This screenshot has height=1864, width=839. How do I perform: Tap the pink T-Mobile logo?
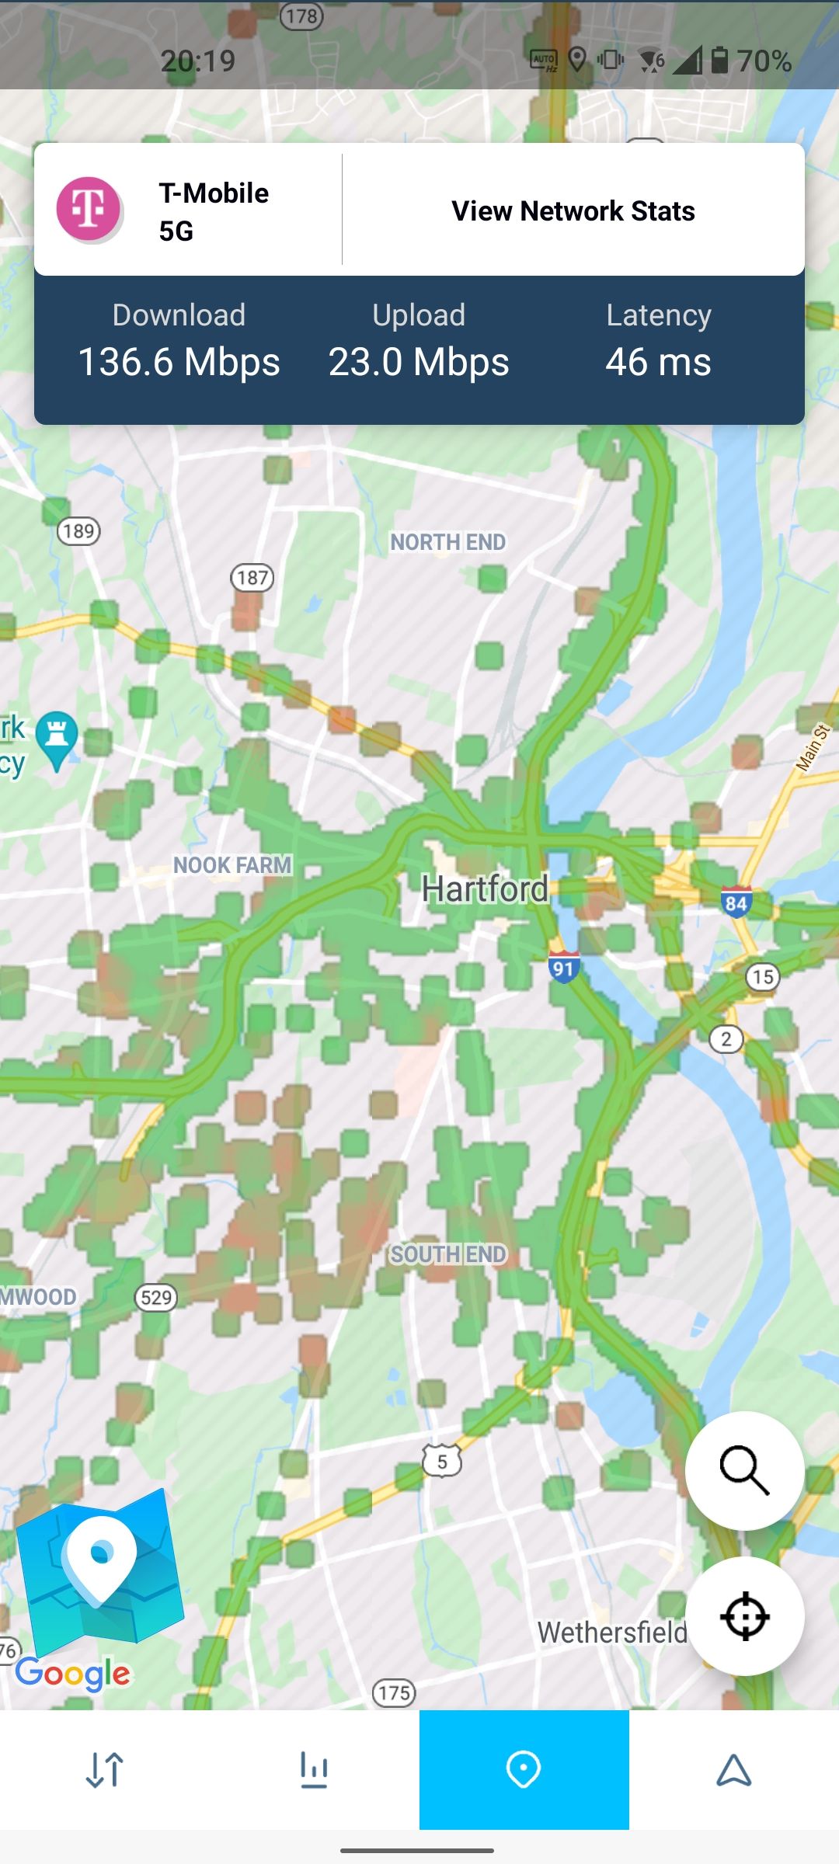[89, 208]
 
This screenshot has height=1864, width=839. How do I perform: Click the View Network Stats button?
[573, 210]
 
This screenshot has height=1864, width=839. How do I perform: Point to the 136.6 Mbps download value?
[179, 362]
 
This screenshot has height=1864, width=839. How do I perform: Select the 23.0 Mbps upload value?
[419, 362]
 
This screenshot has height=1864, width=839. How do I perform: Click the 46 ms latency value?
[658, 362]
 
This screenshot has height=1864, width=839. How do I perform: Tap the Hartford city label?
[485, 889]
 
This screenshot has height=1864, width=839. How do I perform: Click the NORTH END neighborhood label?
[447, 542]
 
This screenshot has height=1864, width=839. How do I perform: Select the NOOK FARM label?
[232, 865]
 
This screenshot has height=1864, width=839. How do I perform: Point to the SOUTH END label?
[448, 1254]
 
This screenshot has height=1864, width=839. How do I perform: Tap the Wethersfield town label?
[612, 1632]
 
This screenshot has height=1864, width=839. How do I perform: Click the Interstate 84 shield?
[736, 902]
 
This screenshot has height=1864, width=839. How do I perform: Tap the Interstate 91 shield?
[563, 968]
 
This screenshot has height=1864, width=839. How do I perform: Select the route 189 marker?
[78, 531]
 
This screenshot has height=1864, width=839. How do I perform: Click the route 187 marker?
[252, 578]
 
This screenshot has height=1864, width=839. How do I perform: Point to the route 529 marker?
[156, 1297]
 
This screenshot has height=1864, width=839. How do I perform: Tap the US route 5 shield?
[442, 1462]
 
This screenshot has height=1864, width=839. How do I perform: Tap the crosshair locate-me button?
[744, 1616]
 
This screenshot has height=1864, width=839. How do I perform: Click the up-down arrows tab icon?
[105, 1770]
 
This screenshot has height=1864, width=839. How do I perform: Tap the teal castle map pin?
[57, 736]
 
